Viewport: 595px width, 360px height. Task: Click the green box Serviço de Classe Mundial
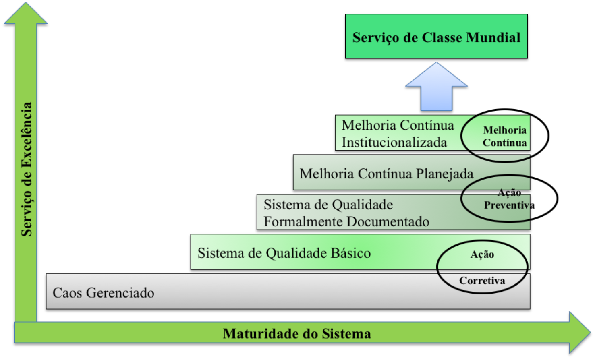point(436,36)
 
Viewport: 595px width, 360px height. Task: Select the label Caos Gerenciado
point(103,293)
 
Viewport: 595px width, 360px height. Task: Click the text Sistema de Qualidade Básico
point(284,253)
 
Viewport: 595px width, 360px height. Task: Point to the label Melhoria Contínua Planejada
point(386,174)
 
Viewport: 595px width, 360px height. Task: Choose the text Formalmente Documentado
point(346,222)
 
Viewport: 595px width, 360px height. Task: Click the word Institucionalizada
point(394,143)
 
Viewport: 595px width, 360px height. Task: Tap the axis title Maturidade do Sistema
point(296,334)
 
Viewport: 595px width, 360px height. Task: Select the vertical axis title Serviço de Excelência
point(27,169)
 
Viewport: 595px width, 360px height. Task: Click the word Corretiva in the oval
point(482,281)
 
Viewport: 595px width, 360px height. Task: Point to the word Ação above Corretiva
point(482,254)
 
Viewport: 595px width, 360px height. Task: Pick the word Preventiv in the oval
point(506,205)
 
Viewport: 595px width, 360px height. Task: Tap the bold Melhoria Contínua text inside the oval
point(504,137)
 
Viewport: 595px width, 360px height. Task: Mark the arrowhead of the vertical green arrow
point(26,14)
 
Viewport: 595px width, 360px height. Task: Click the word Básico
point(350,253)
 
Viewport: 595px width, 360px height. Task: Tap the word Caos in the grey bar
point(68,293)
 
